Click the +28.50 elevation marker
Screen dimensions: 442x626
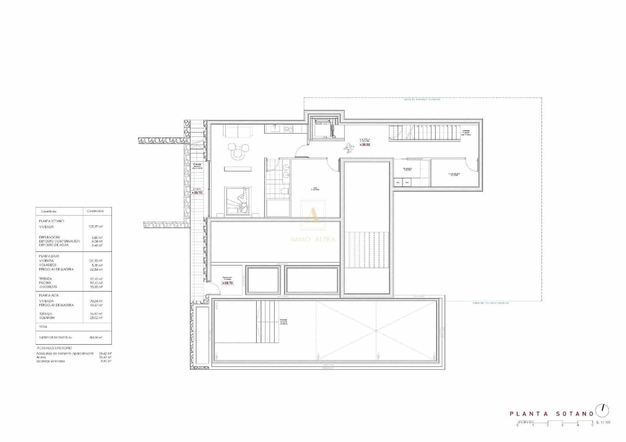tap(365, 145)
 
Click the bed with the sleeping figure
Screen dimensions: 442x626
tap(237, 200)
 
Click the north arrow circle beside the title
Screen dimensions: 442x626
tap(602, 410)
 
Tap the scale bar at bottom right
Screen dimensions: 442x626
tap(556, 422)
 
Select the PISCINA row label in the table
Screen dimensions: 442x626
tap(45, 283)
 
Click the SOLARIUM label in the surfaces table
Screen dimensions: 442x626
tap(47, 318)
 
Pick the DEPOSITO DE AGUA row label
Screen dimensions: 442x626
tap(54, 245)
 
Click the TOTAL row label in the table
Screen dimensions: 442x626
tap(43, 327)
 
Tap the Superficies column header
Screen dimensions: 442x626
tap(48, 211)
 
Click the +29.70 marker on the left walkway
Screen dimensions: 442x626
tap(197, 192)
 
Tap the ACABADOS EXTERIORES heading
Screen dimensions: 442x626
tap(54, 348)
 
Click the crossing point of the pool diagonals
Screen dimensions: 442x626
tap(376, 331)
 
